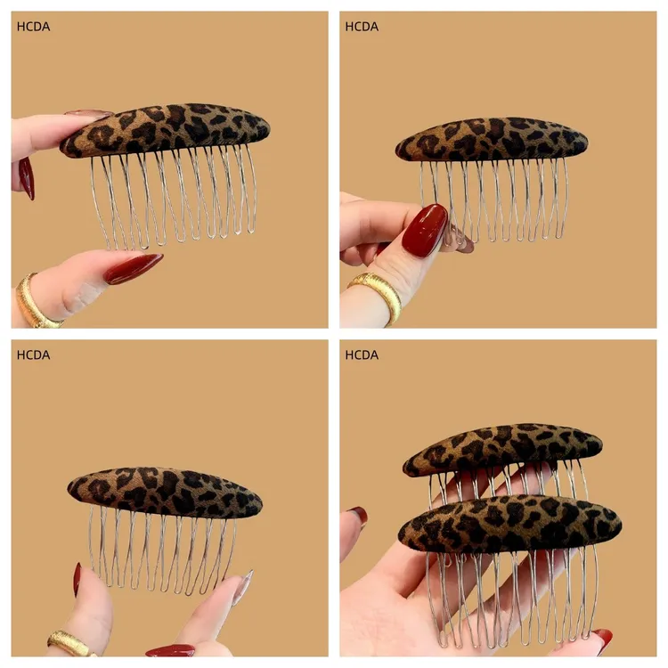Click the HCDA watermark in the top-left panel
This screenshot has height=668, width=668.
[x=33, y=27]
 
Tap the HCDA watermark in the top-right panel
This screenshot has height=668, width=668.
[x=362, y=27]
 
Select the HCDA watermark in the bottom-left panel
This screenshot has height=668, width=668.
[x=33, y=355]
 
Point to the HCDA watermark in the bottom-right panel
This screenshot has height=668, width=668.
[x=362, y=355]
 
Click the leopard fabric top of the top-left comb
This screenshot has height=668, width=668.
[x=166, y=129]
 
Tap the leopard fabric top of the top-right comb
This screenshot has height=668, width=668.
[x=492, y=140]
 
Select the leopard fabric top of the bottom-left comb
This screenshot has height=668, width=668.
[x=165, y=491]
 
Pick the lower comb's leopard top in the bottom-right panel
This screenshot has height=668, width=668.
[x=510, y=524]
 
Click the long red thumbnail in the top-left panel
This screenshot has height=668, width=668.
[x=134, y=267]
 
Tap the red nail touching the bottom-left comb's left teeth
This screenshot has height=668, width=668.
[x=77, y=580]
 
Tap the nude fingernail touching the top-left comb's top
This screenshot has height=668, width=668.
[x=87, y=114]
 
